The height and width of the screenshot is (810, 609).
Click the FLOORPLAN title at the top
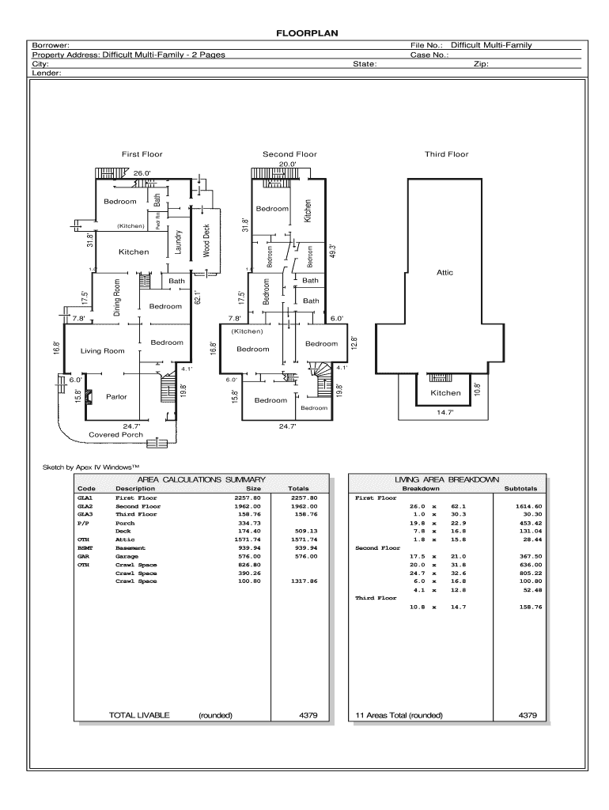(x=306, y=33)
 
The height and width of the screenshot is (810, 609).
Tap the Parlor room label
(x=116, y=396)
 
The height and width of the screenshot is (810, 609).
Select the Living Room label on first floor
(x=103, y=350)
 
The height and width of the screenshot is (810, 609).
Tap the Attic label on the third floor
(x=444, y=272)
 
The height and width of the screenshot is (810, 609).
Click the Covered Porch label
(x=115, y=435)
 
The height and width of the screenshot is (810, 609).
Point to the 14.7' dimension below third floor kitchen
(x=445, y=412)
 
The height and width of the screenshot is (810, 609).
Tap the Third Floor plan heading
(x=446, y=154)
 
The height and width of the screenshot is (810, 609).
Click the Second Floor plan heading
(x=289, y=154)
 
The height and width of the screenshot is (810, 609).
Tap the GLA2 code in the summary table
(x=85, y=506)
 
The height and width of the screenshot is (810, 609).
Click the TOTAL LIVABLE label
(x=139, y=715)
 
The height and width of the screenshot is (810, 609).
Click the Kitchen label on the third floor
(x=445, y=393)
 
